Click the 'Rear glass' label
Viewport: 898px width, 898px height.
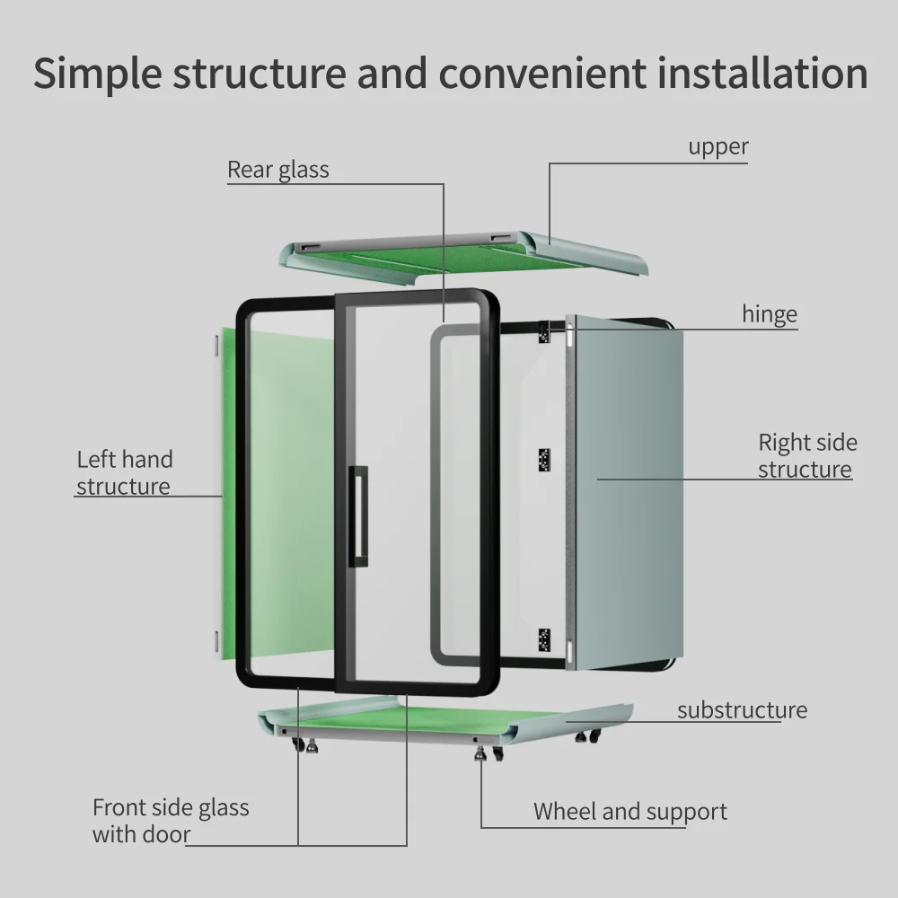pos(277,170)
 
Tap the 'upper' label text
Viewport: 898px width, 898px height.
pos(718,146)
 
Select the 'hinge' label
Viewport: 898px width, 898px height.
pos(769,314)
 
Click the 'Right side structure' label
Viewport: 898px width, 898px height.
pos(806,455)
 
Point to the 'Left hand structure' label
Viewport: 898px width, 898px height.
pos(124,472)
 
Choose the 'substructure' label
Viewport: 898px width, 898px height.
pos(742,710)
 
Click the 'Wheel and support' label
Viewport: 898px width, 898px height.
pos(629,812)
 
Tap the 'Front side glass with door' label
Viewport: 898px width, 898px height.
pos(171,821)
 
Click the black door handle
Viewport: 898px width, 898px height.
pos(360,515)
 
